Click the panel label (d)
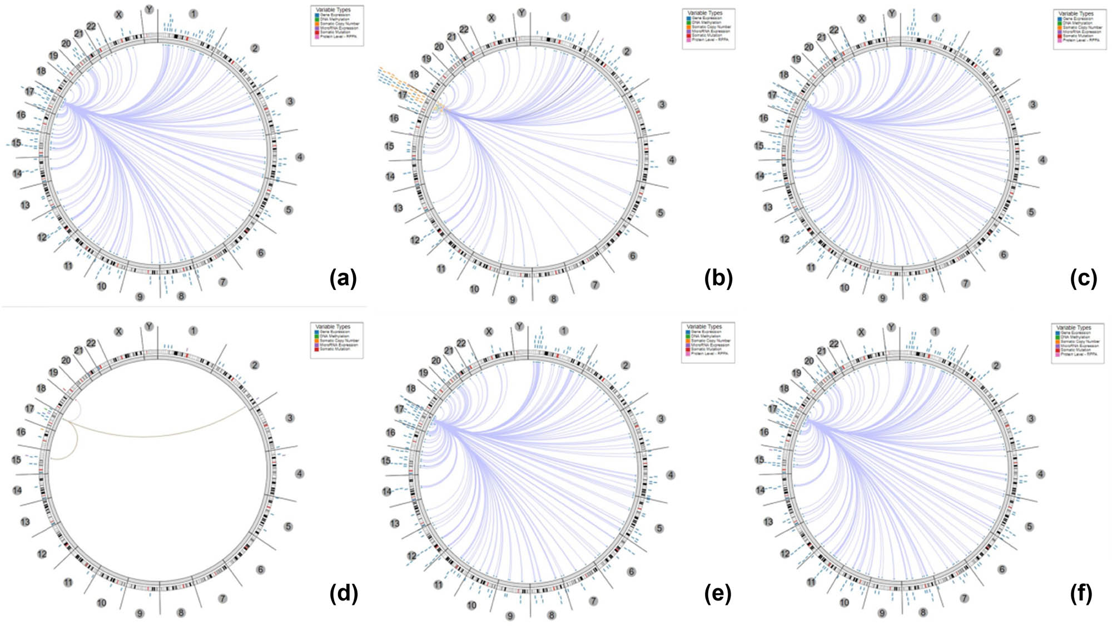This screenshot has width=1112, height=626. [x=344, y=594]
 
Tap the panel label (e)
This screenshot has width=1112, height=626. [x=718, y=594]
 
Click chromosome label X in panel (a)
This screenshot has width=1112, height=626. [x=118, y=15]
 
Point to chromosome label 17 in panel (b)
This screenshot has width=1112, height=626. [x=403, y=95]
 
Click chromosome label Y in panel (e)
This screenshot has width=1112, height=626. [x=519, y=327]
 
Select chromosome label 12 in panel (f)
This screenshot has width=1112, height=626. [x=785, y=554]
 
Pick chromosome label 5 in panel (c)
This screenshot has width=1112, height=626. [x=1031, y=212]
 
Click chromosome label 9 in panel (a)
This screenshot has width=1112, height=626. [x=140, y=297]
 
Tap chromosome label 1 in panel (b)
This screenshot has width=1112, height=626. [x=565, y=17]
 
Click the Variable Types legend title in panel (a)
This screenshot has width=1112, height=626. [x=333, y=9]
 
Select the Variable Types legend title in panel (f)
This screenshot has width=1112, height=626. [x=1074, y=328]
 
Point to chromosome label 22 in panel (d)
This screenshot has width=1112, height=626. [x=91, y=343]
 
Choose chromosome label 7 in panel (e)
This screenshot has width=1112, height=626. [x=593, y=601]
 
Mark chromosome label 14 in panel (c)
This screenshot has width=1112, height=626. [x=760, y=176]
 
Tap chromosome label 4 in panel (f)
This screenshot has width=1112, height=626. [x=1040, y=474]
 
